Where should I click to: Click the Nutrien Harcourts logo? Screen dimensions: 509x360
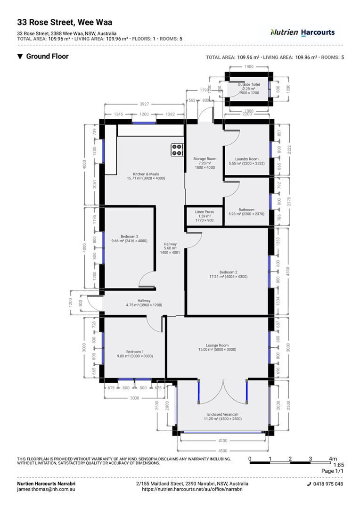(302, 33)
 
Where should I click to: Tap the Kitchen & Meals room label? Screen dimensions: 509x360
(146, 176)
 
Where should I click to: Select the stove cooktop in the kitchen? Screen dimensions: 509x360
(177, 149)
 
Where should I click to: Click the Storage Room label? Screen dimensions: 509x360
(205, 163)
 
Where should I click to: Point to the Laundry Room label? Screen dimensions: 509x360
(246, 161)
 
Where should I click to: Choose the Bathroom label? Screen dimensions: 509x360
(246, 212)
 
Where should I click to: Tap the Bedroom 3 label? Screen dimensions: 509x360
(129, 238)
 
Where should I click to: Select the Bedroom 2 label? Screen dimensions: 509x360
(228, 274)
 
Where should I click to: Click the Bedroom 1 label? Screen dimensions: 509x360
(134, 354)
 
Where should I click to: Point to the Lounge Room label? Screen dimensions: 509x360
(217, 347)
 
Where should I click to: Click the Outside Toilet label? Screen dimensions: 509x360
(248, 89)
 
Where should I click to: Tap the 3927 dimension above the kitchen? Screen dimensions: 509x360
(144, 104)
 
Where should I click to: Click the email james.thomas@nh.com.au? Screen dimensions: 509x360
(46, 490)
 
